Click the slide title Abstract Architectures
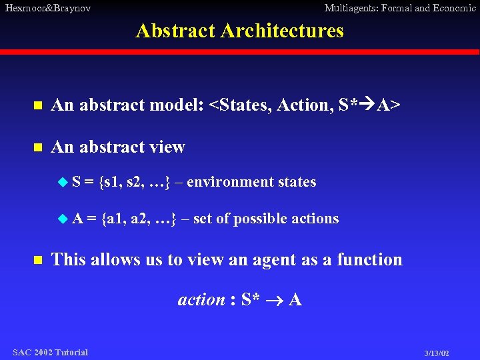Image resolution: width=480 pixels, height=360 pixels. (239, 31)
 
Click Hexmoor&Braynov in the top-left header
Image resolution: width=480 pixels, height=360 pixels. (47, 8)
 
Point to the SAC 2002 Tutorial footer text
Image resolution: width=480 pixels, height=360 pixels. (50, 352)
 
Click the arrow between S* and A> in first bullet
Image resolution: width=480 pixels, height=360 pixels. (367, 105)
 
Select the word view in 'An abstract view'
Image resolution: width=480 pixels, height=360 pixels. (168, 147)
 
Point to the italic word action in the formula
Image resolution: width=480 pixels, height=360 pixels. (201, 300)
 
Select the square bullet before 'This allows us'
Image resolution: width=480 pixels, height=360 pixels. (38, 259)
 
